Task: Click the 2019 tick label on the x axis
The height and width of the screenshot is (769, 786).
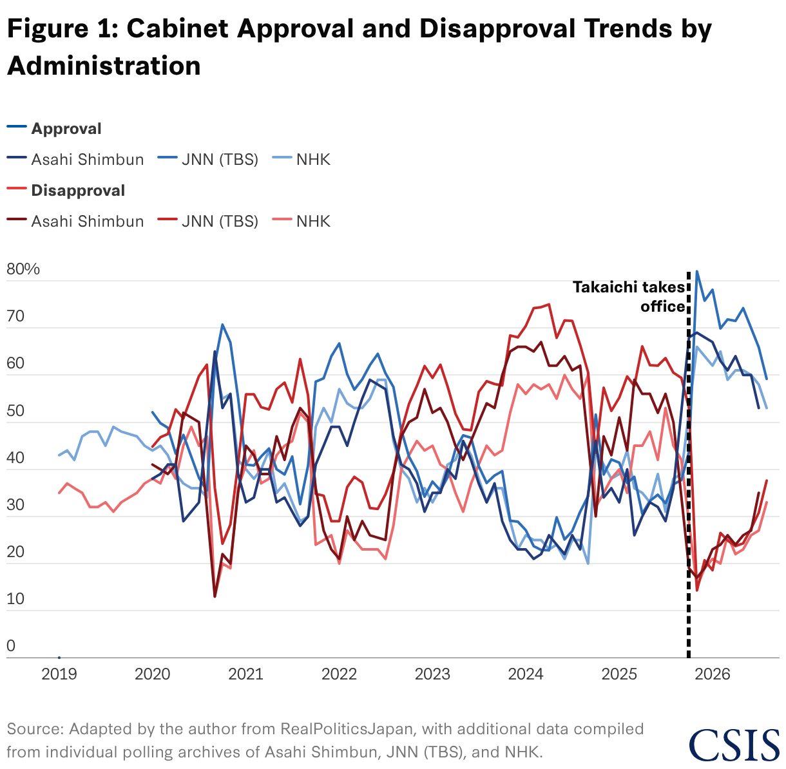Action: tap(59, 674)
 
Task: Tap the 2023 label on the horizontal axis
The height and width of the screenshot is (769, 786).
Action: tap(432, 674)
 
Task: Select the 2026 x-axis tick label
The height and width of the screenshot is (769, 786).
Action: tap(712, 674)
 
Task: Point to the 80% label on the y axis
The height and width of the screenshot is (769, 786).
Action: tap(23, 269)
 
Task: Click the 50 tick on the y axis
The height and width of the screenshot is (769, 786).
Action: tap(15, 410)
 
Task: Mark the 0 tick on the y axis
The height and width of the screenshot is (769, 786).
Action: tap(11, 646)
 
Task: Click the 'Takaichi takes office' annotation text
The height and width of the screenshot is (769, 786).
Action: tap(629, 296)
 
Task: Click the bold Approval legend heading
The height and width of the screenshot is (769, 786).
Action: tap(66, 129)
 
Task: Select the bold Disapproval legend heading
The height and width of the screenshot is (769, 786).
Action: tap(78, 190)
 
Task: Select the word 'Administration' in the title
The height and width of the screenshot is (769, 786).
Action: tap(104, 66)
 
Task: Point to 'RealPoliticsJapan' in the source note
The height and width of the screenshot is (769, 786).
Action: tap(348, 728)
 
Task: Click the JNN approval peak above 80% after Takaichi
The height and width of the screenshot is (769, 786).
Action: tap(696, 271)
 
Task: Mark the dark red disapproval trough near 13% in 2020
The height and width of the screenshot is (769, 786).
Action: tap(215, 596)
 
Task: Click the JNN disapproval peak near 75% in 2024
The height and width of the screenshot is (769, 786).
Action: tap(549, 304)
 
